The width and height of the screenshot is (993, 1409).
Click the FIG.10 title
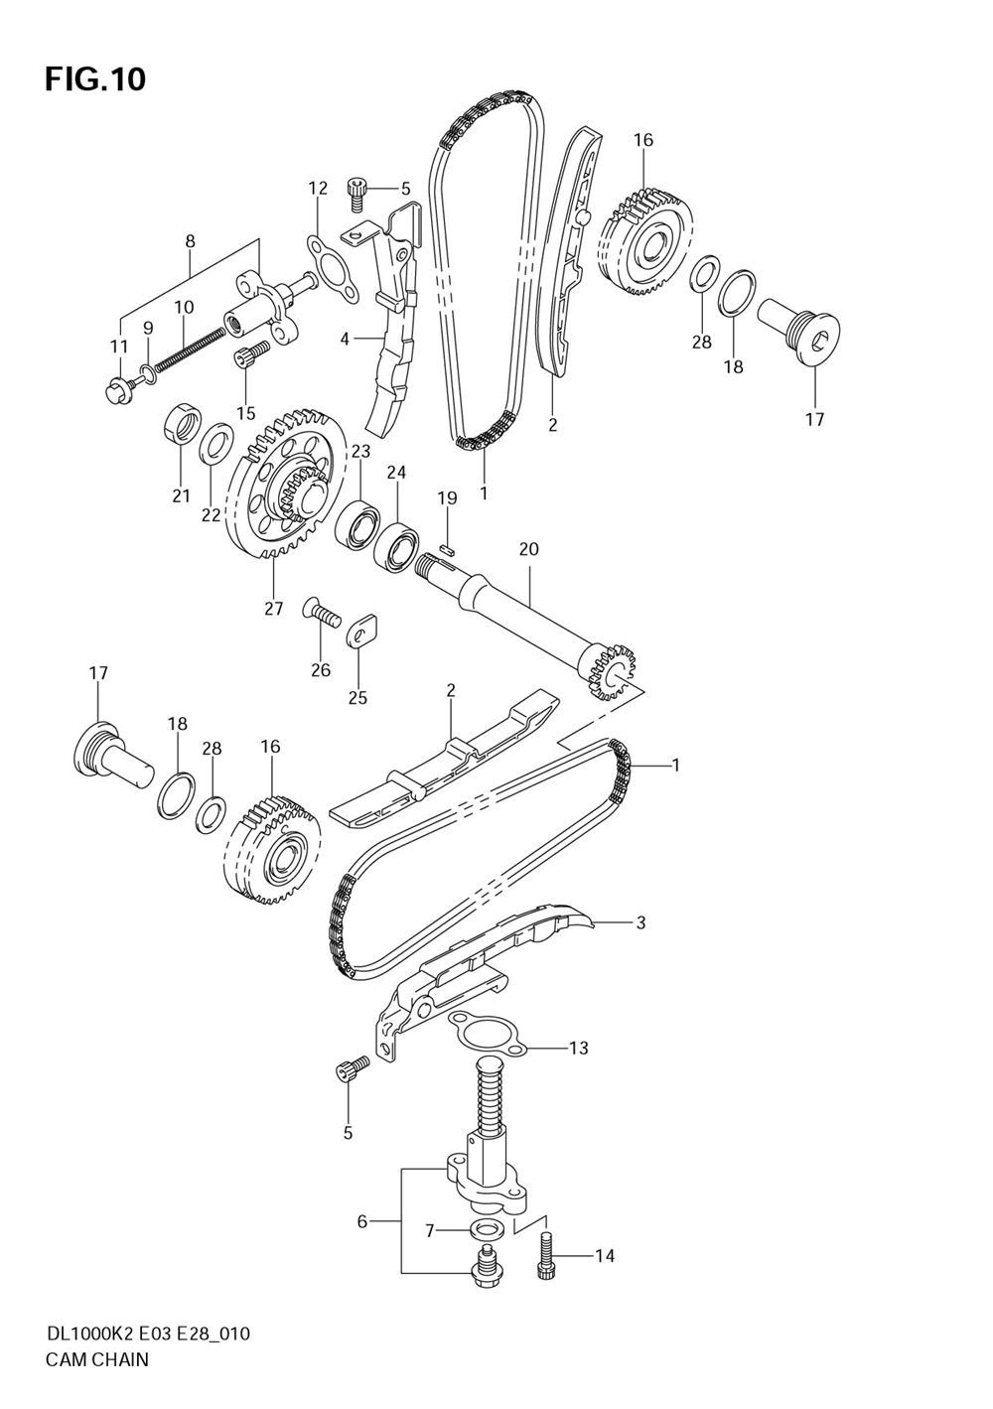(x=95, y=79)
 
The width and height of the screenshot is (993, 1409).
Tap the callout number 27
(x=274, y=609)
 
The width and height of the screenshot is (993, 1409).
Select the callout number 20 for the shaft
(x=528, y=549)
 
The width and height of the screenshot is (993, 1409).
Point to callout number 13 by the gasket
(x=578, y=1048)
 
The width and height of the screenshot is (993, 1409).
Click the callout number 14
(x=604, y=1256)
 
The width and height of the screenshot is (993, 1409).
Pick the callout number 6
(x=362, y=1221)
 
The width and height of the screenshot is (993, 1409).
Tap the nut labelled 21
(x=180, y=423)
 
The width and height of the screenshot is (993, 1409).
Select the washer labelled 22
(x=217, y=442)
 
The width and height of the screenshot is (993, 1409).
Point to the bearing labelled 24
(x=395, y=545)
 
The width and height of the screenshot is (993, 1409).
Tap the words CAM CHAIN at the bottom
(x=97, y=1359)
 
